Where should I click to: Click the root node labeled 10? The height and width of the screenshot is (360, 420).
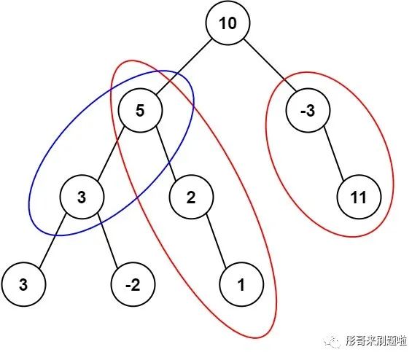[x=227, y=23]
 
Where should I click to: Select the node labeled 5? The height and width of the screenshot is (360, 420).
[x=140, y=110]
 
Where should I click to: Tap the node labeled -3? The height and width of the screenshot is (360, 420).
[x=308, y=110]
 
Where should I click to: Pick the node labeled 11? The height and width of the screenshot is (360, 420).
[x=359, y=197]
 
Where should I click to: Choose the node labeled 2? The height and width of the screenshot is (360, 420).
[x=191, y=197]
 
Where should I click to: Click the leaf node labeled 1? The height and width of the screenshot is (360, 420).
[x=241, y=284]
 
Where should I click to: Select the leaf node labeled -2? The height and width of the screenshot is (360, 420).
[x=133, y=284]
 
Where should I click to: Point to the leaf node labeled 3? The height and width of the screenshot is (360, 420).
[x=23, y=284]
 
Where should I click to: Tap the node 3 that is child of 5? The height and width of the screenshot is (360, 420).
[x=82, y=197]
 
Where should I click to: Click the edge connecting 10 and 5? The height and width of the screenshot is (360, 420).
[x=184, y=66]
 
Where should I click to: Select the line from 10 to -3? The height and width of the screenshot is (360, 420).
[x=271, y=66]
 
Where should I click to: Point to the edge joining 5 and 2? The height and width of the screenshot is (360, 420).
[x=166, y=154]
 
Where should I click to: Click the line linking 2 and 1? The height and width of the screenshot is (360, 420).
[x=217, y=240]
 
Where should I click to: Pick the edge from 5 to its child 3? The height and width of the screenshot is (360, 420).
[x=111, y=154]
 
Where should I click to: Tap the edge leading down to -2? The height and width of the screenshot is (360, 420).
[x=107, y=240]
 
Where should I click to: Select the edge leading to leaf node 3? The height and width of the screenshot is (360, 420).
[x=52, y=240]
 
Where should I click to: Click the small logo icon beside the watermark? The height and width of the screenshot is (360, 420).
[x=332, y=341]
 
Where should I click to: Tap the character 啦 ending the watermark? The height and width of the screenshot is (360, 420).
[x=401, y=341]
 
